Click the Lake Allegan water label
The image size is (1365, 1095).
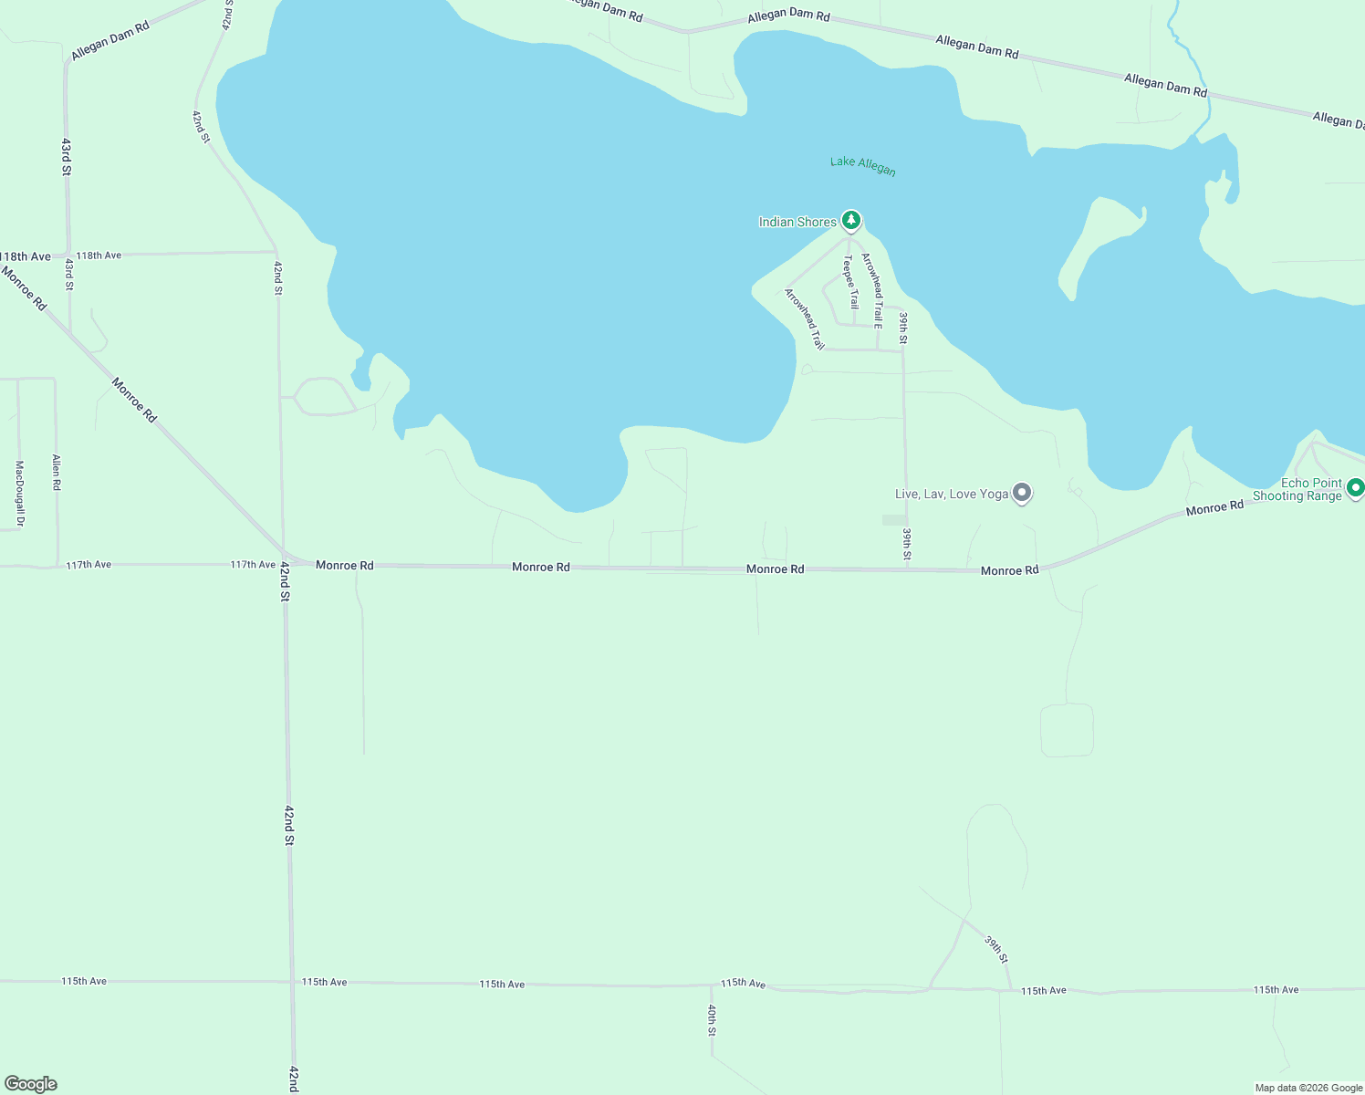[862, 165]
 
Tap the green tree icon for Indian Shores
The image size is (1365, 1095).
[851, 220]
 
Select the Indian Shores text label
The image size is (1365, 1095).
[797, 222]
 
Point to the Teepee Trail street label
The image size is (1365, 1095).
[850, 282]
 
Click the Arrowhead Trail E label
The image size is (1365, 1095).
[873, 290]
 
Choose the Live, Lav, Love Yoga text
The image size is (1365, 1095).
[952, 494]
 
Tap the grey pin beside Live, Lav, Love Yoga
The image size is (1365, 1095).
[1023, 493]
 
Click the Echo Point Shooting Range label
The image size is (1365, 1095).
[1297, 489]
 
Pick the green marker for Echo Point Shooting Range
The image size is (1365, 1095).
[1356, 488]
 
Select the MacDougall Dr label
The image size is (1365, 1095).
[19, 494]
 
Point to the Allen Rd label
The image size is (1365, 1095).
[57, 473]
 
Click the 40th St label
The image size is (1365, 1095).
[712, 1020]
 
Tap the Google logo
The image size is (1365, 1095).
[31, 1084]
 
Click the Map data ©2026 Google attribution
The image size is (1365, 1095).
[1308, 1088]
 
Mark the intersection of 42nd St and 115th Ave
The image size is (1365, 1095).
[291, 982]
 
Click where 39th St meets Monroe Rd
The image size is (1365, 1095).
[907, 569]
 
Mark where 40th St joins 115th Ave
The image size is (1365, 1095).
[712, 985]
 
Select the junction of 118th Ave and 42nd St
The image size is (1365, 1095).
[277, 252]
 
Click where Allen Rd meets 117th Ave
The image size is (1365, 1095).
[57, 565]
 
